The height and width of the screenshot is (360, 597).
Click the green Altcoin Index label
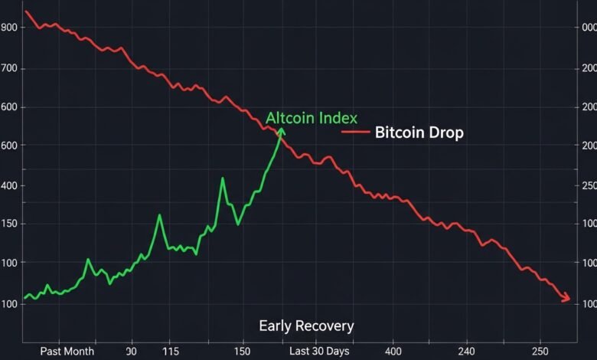point(312,118)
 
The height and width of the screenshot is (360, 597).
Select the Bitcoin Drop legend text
point(419,133)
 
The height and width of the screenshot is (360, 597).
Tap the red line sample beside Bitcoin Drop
point(355,133)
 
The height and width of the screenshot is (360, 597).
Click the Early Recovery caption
point(306,326)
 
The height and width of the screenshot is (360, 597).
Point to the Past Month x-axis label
point(67,351)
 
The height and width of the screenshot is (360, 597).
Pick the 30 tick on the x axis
point(131,351)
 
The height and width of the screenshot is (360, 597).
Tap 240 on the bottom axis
point(465,351)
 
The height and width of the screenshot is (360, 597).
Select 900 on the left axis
point(10,28)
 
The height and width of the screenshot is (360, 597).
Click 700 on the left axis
point(10,69)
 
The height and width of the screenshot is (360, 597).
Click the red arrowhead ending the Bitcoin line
point(567,299)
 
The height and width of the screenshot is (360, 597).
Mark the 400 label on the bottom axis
point(393,351)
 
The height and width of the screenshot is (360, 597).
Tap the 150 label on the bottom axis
point(243,351)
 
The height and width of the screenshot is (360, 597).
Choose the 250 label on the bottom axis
point(540,351)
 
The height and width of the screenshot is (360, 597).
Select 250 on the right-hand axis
point(589,185)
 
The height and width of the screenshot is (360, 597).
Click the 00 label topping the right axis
point(589,28)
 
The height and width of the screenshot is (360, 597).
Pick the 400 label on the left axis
point(10,185)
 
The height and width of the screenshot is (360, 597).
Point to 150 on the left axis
point(10,224)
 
